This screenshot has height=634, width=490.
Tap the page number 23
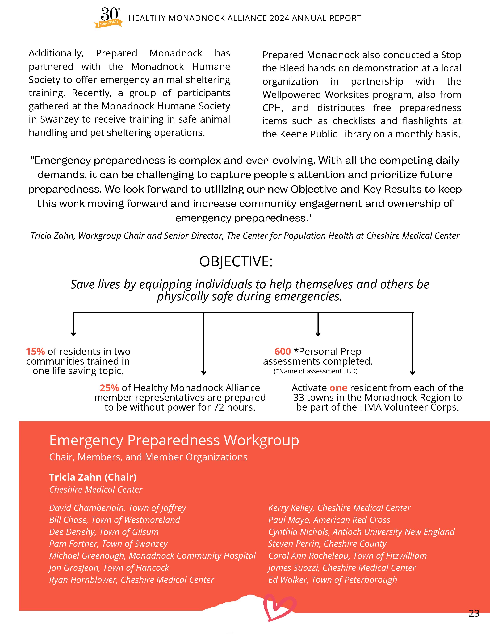tap(474, 613)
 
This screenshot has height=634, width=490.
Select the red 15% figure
tap(35, 352)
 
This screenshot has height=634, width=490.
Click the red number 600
tap(283, 352)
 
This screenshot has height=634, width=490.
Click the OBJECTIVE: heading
tap(236, 261)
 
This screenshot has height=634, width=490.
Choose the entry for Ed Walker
tap(332, 580)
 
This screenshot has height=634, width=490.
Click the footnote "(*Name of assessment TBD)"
tap(315, 371)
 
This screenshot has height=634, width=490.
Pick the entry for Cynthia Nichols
tap(361, 532)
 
